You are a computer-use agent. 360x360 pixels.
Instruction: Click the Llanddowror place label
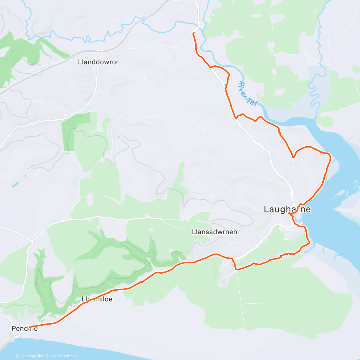(x=98, y=62)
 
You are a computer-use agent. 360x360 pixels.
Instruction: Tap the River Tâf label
(x=247, y=94)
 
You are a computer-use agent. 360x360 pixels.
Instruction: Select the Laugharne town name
(x=287, y=209)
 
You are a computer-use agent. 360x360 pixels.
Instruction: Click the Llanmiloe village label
(x=97, y=299)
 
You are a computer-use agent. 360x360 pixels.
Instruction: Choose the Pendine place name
(x=25, y=328)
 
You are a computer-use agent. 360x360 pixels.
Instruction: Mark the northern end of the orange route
(x=193, y=33)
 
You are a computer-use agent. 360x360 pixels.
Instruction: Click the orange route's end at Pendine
(x=29, y=327)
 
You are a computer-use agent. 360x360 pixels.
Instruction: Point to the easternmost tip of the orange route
(x=330, y=156)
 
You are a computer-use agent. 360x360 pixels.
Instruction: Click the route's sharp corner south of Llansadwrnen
(x=237, y=269)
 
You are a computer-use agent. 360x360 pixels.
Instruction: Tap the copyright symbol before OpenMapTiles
(x=17, y=356)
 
